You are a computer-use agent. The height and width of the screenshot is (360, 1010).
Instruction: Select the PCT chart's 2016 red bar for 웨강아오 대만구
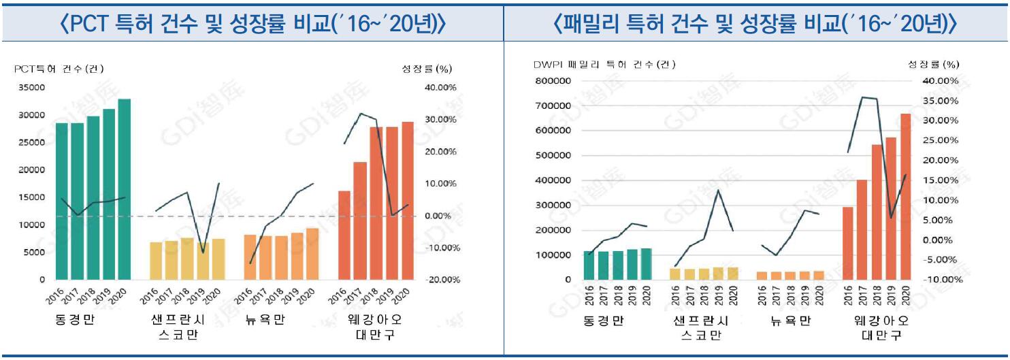344,235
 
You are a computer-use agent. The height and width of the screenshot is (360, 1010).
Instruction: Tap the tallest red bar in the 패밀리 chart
905,197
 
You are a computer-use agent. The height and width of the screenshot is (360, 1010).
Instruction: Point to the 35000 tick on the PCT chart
32,88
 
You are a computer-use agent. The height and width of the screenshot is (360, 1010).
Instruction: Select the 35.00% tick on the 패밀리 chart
941,101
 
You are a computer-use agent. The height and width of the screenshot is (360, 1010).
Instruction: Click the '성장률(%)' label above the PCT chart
427,68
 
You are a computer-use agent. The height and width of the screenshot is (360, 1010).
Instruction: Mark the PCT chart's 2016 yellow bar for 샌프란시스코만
156,261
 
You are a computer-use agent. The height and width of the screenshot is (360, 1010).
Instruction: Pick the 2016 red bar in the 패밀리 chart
848,243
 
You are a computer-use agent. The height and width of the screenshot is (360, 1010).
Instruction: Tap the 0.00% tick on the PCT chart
442,216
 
